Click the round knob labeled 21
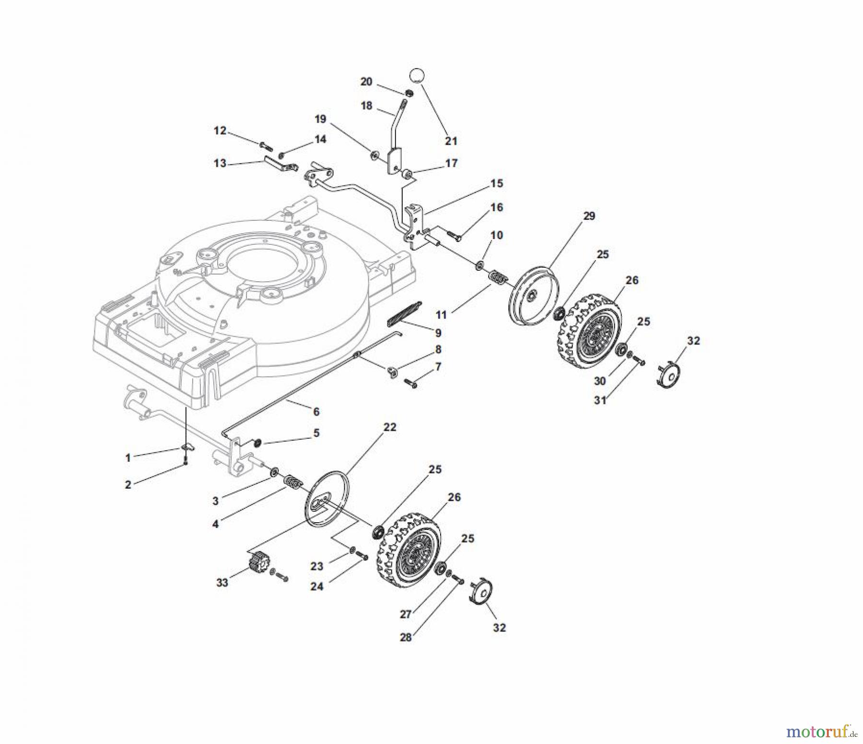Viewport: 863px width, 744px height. click(x=417, y=76)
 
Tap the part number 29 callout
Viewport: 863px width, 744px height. click(x=589, y=216)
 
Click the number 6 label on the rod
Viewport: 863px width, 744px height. click(x=316, y=412)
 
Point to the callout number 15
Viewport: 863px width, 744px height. click(x=497, y=183)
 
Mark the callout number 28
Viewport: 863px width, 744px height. click(x=406, y=638)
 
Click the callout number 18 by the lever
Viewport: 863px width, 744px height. click(x=366, y=105)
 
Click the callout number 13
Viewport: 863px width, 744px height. click(x=220, y=163)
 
